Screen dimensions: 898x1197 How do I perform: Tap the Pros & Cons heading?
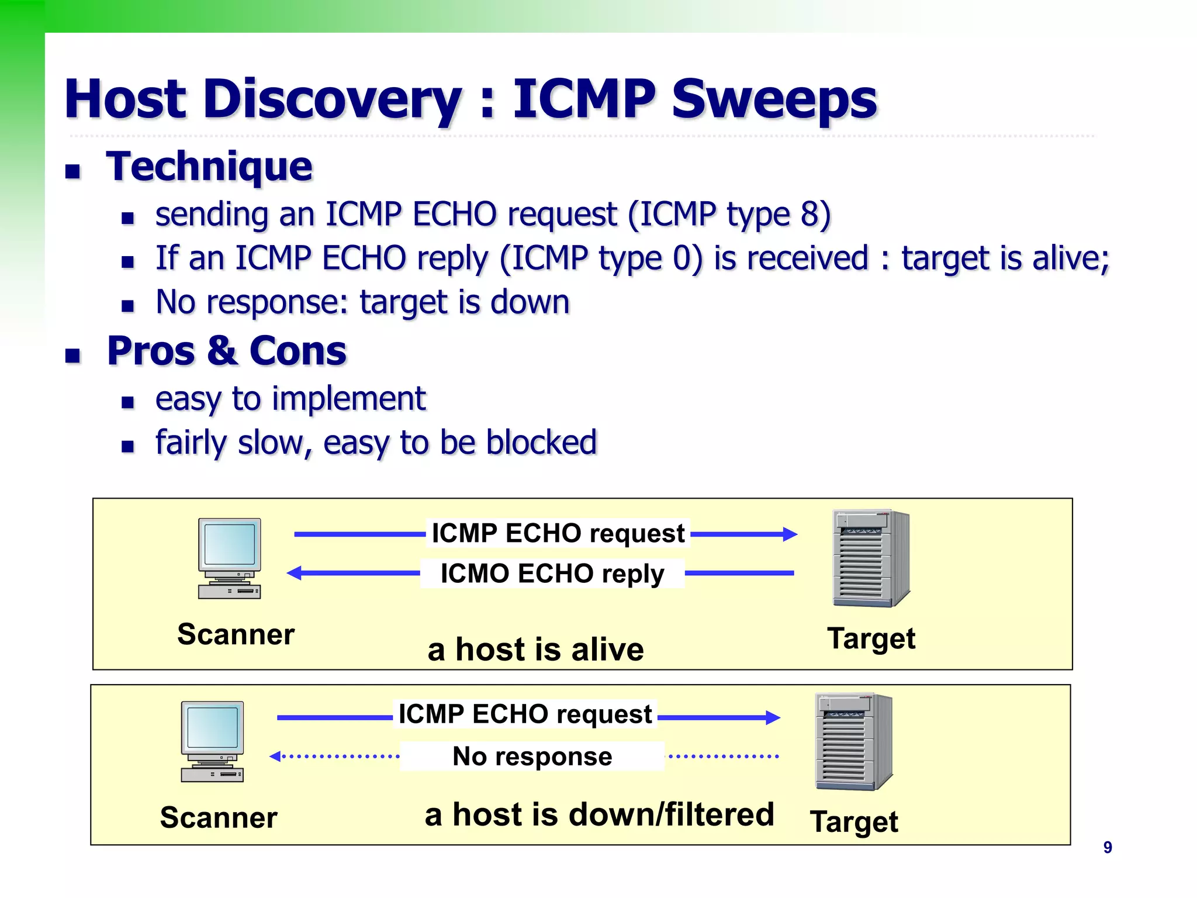click(227, 351)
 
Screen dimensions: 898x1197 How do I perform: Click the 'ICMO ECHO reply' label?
click(552, 574)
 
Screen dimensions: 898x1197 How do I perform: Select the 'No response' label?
click(532, 757)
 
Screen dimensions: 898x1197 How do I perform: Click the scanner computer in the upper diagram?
click(230, 558)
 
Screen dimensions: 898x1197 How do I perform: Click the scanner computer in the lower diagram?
click(212, 741)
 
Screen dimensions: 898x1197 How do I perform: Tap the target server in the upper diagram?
click(871, 558)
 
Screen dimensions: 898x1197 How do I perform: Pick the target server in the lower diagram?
click(853, 742)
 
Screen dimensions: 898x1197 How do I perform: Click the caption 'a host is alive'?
click(535, 650)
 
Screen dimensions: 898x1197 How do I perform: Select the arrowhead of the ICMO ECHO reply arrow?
click(294, 573)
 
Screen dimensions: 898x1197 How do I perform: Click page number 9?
click(1107, 848)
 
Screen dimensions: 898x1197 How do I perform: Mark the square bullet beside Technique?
click(72, 171)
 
